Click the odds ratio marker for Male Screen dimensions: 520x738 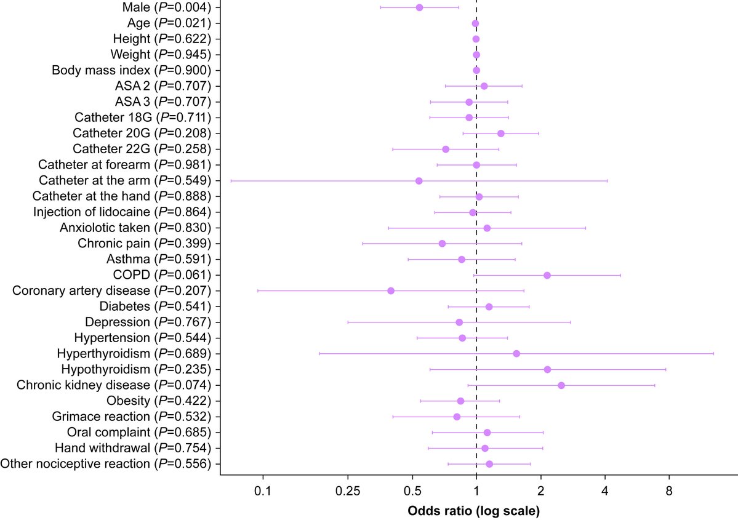coord(419,7)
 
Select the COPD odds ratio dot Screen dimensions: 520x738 coord(547,275)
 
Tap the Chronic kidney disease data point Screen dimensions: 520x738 coord(561,385)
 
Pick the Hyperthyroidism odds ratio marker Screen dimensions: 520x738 coord(516,353)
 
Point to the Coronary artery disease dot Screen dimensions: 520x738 coord(391,290)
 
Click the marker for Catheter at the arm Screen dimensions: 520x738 coord(419,181)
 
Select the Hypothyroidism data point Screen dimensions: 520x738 coord(547,369)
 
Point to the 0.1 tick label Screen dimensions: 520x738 coord(263,492)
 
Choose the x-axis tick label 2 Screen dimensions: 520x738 coord(540,492)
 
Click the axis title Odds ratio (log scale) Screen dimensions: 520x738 coord(474,511)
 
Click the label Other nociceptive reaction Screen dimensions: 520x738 coord(77,463)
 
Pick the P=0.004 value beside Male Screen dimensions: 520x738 coord(183,7)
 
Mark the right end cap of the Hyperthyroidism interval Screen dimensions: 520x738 coord(713,353)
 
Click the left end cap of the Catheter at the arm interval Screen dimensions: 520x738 coord(231,181)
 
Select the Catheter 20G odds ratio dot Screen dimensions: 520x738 coord(501,134)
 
